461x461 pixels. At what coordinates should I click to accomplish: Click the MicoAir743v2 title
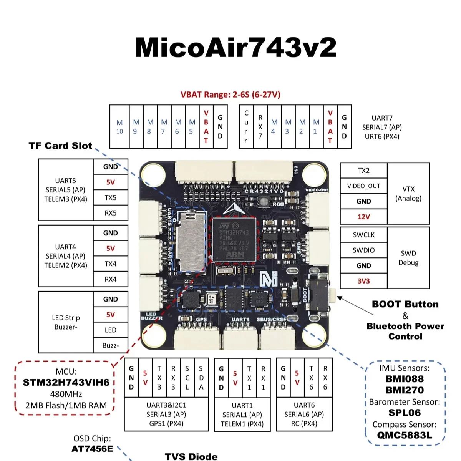(235, 48)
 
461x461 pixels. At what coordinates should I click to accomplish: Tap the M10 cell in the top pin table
(119, 127)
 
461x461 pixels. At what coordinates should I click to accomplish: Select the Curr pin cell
(246, 127)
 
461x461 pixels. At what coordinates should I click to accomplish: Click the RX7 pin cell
(260, 127)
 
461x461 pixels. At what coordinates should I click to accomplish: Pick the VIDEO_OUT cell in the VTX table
(363, 186)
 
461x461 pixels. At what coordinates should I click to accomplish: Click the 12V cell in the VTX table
(363, 217)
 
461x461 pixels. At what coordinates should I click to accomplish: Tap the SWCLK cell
(363, 235)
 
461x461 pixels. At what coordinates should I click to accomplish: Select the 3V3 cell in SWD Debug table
(363, 281)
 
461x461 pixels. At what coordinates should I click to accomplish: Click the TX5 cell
(111, 197)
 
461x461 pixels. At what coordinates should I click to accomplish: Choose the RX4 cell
(111, 279)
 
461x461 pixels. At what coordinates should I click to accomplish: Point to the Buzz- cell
(111, 345)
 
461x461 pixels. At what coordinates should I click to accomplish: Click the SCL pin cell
(187, 378)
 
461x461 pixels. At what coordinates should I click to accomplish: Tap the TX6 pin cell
(311, 378)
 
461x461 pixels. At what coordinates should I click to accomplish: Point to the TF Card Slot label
(60, 146)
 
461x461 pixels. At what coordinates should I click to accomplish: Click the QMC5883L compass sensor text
(404, 435)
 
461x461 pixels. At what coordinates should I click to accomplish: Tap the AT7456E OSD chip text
(92, 448)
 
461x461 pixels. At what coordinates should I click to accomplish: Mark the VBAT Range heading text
(230, 95)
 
